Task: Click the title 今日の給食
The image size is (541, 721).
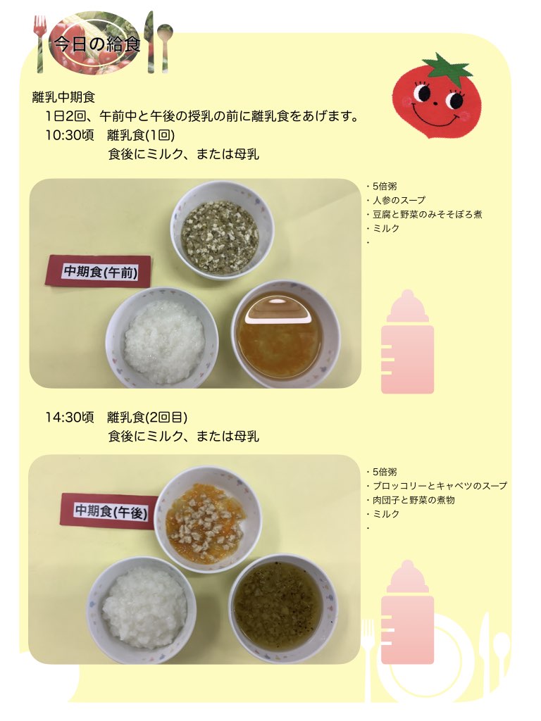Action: tap(97, 44)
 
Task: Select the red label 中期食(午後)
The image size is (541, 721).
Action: tap(111, 511)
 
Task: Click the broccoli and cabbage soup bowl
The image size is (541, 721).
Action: tap(283, 608)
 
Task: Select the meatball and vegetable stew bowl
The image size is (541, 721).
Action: tap(208, 520)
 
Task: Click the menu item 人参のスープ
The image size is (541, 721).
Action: tap(399, 201)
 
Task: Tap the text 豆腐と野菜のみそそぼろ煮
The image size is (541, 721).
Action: tap(428, 214)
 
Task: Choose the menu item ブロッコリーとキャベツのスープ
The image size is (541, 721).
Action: tap(440, 486)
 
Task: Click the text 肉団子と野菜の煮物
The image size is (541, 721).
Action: tap(413, 500)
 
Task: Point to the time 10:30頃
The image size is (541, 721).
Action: tap(70, 135)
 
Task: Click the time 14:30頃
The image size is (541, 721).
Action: tap(70, 418)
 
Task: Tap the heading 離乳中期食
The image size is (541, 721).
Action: tap(63, 97)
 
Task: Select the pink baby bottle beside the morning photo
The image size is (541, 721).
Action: tap(408, 343)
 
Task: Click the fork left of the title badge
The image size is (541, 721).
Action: tap(40, 44)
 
